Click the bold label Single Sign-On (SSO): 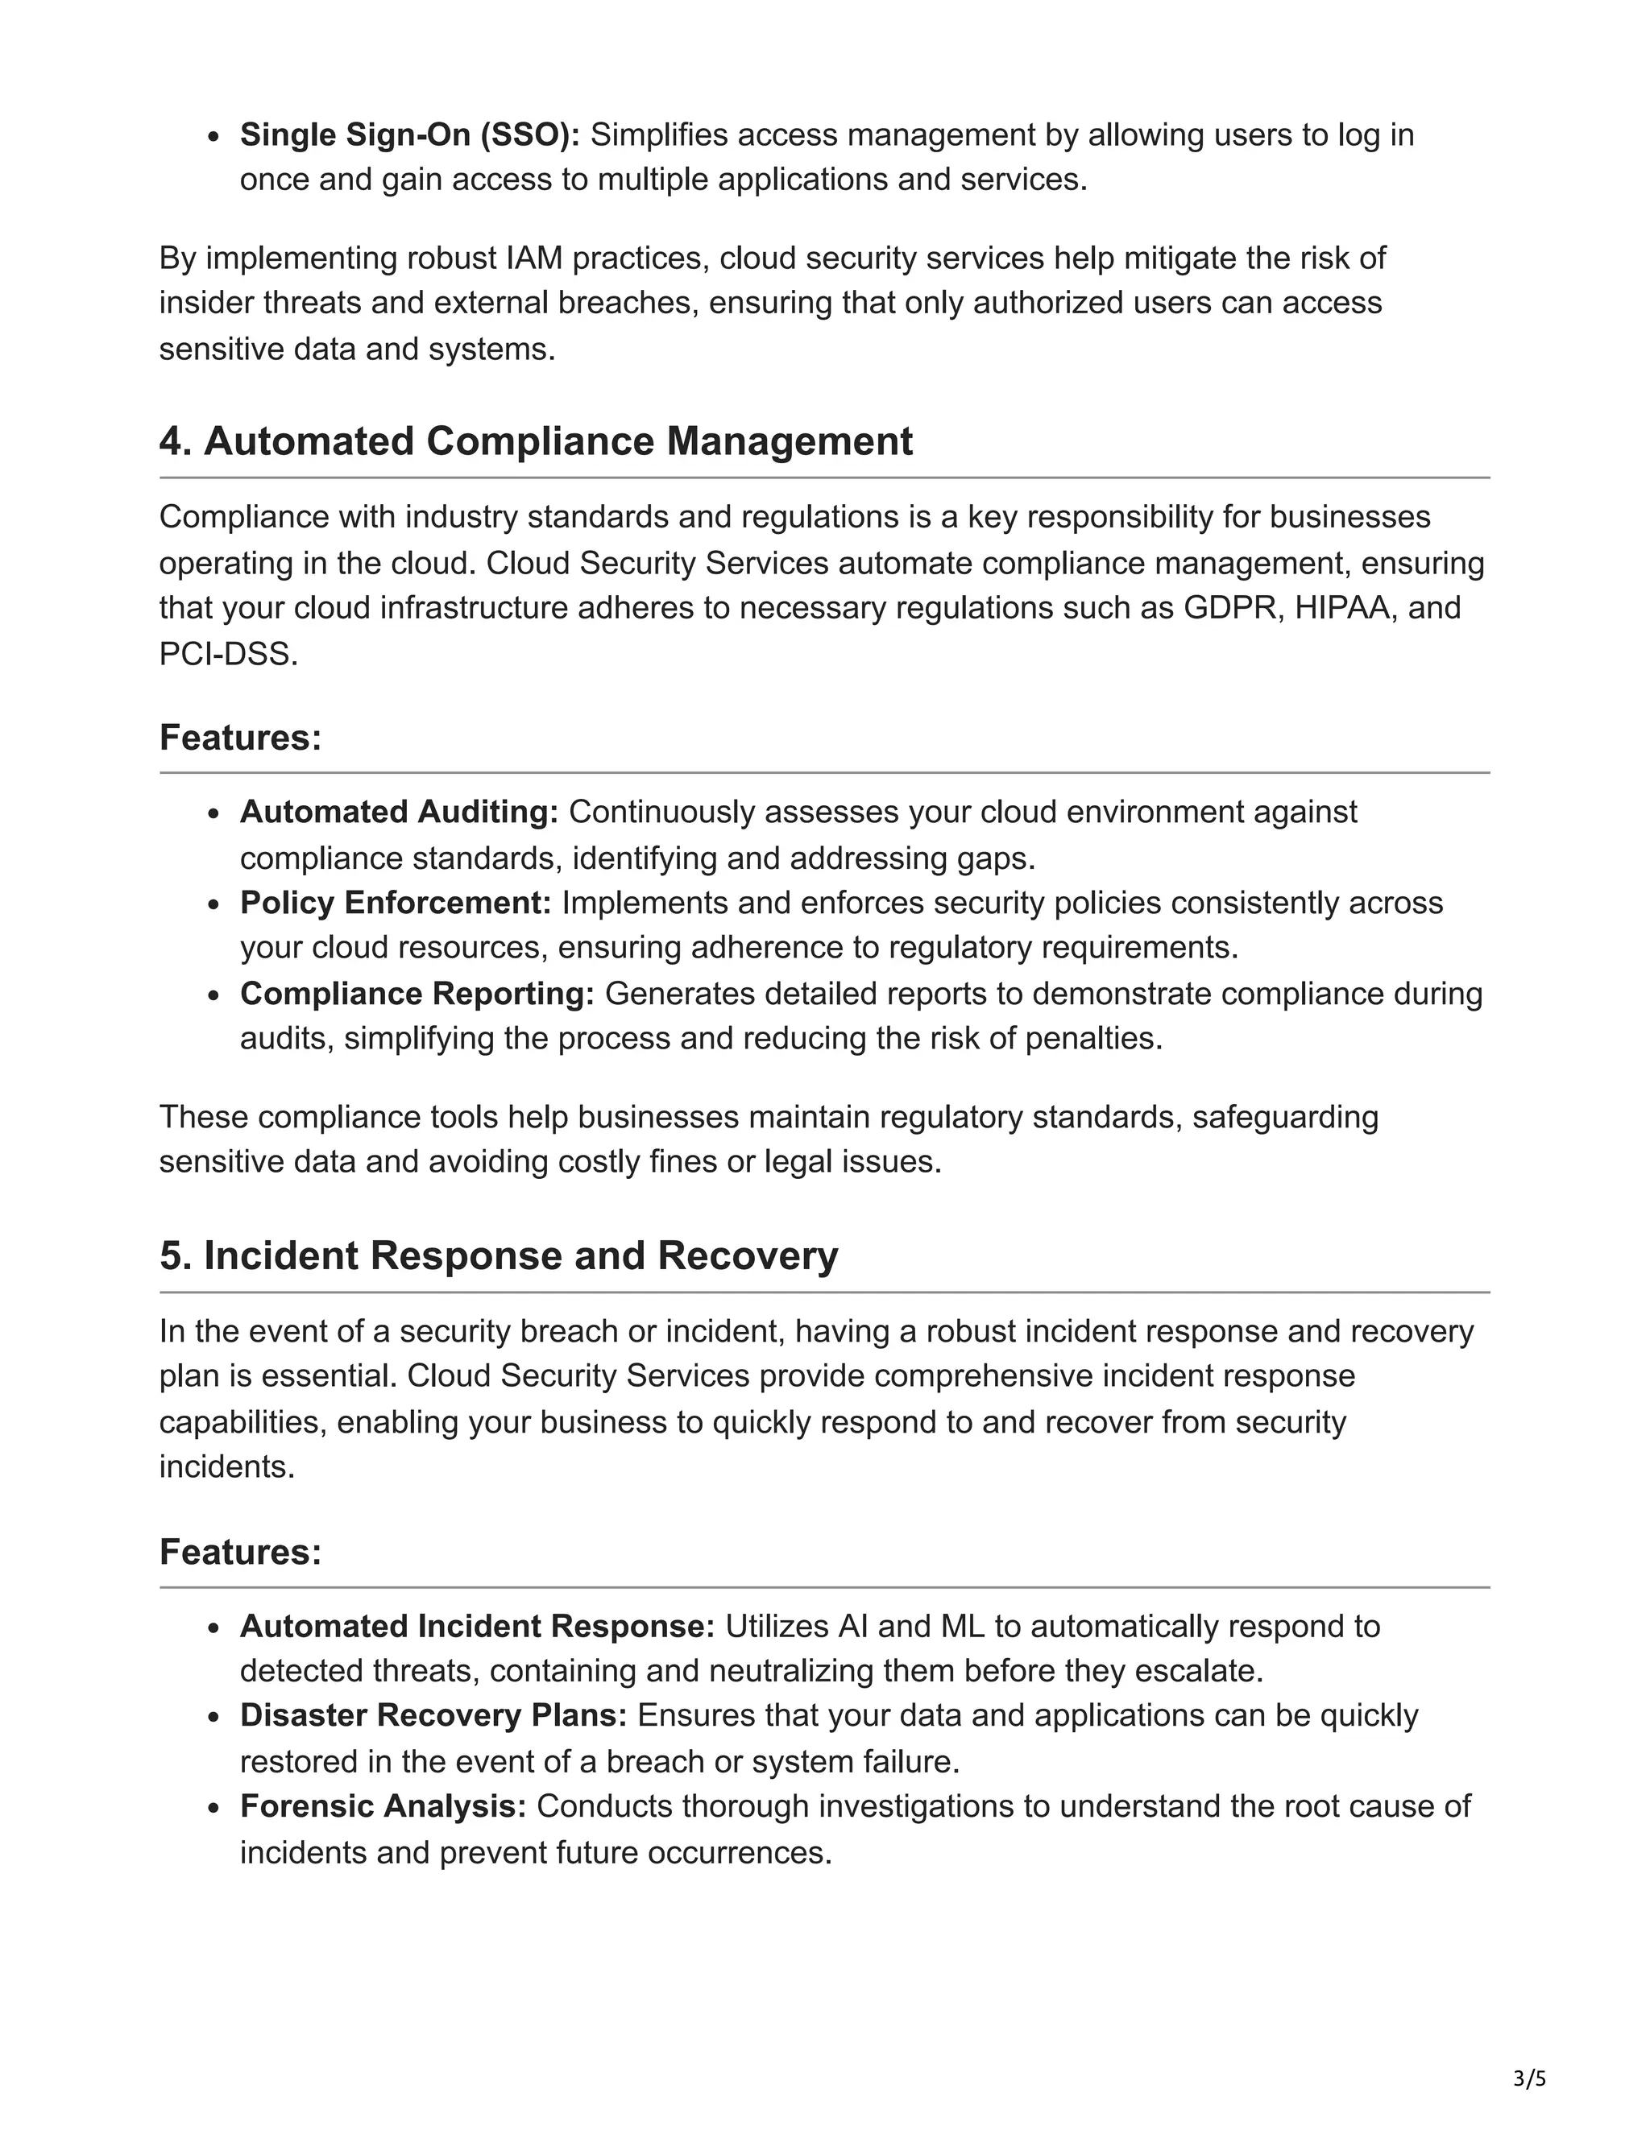point(409,134)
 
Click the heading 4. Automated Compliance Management point(536,441)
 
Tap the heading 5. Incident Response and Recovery point(499,1255)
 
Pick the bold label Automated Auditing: point(399,812)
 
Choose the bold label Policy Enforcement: point(396,903)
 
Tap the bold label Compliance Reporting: point(417,994)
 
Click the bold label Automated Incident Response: point(477,1626)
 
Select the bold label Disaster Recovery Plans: point(433,1716)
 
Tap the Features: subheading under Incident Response point(240,1552)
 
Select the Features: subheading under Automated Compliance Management point(240,738)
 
